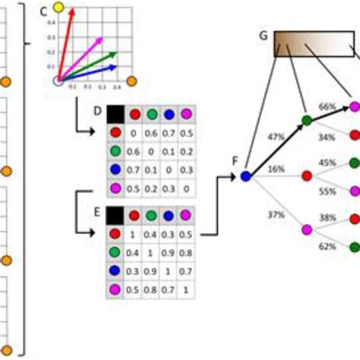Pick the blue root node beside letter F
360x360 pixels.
(245, 176)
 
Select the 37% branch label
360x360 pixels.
(276, 214)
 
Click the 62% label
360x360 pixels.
(327, 247)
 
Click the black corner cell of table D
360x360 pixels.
(115, 115)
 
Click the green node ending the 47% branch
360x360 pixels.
(306, 120)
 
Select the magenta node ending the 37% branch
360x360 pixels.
(307, 229)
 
